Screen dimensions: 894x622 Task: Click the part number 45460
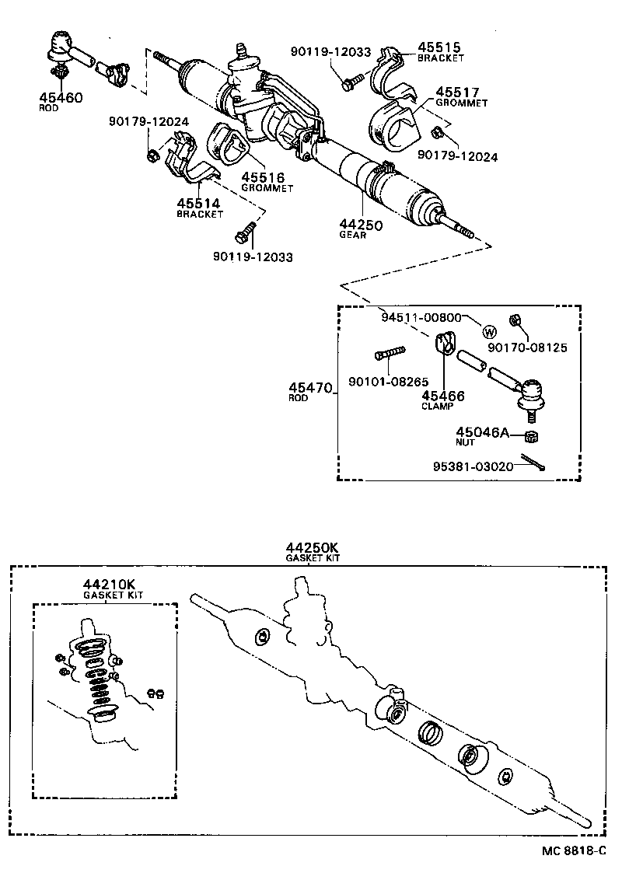coord(60,97)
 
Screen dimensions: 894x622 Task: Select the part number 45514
coord(198,203)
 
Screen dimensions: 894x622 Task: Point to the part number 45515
coord(440,47)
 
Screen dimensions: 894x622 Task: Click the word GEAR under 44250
coord(352,236)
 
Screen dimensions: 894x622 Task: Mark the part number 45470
coord(311,386)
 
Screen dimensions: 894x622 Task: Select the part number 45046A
coord(481,431)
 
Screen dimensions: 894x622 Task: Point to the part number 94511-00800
coord(422,317)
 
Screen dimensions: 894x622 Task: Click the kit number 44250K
coord(312,547)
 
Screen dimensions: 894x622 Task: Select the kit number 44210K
coord(108,584)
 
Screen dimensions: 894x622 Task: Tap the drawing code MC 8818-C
coord(573,850)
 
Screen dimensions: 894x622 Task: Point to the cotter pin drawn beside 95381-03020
coord(533,462)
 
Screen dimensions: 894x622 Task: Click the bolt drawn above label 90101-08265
coord(391,354)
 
